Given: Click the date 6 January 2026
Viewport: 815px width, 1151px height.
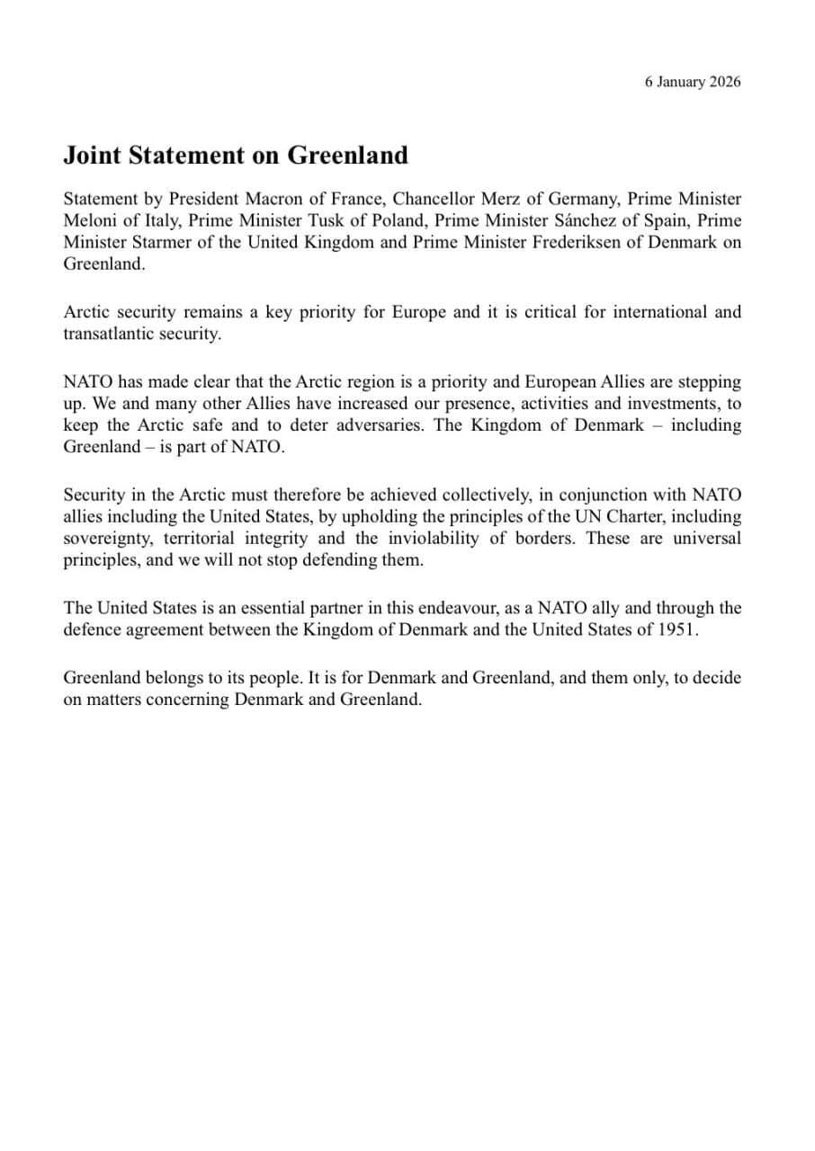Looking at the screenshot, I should tap(692, 82).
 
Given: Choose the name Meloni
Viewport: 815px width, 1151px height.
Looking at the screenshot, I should tap(91, 220).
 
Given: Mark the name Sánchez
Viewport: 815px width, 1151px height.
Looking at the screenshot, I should tap(591, 220).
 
